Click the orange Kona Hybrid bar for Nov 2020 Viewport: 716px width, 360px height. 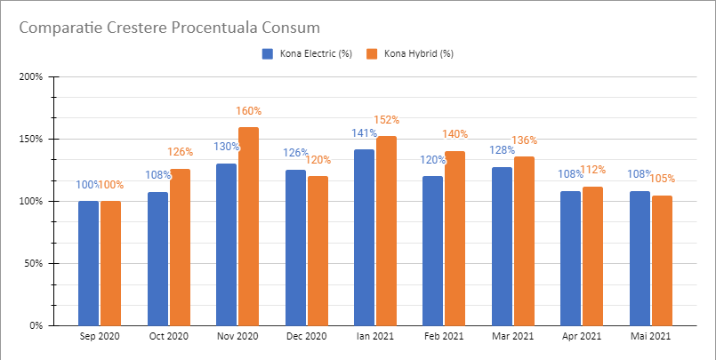tap(248, 226)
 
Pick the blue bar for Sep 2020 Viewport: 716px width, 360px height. tap(89, 263)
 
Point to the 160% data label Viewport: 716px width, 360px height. tap(249, 111)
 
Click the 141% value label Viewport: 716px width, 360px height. tap(364, 133)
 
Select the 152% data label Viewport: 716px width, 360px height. tap(387, 120)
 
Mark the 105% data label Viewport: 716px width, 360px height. tap(663, 180)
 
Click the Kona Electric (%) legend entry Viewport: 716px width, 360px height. tap(306, 53)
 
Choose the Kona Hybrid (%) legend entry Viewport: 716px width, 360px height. tap(411, 53)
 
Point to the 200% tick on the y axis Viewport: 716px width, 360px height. tap(31, 76)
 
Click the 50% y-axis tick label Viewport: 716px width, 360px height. tap(34, 263)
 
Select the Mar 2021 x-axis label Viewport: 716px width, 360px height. tap(512, 337)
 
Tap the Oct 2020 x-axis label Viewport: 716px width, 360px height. tap(169, 337)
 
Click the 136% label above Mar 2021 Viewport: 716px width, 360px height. tap(525, 140)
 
